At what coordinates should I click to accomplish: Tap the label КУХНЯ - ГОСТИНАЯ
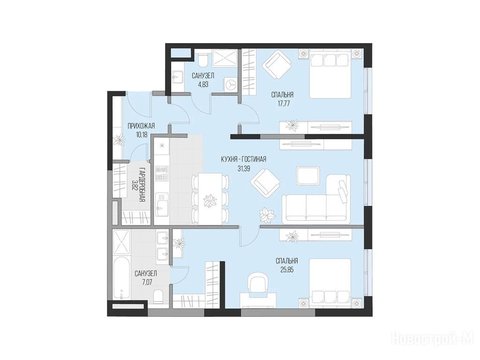click(243, 159)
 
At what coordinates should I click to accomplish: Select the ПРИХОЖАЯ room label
click(141, 126)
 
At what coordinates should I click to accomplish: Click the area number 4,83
click(203, 84)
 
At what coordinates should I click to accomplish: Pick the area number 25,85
click(287, 270)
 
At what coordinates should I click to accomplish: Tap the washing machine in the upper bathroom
click(232, 83)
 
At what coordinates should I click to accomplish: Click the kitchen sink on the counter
click(162, 204)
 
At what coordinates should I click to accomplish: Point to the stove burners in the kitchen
click(162, 173)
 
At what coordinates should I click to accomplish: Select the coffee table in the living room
click(308, 176)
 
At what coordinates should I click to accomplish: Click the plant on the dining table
click(210, 201)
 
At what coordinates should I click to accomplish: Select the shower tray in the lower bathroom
click(121, 242)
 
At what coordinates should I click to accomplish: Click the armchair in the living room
click(265, 184)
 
